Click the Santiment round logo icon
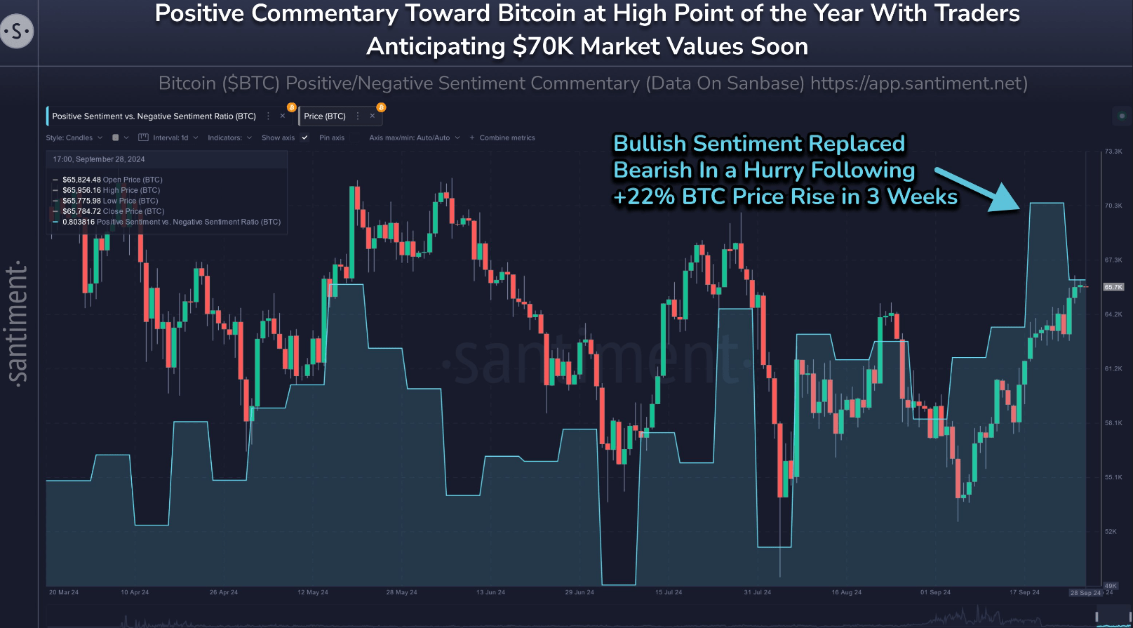coord(17,32)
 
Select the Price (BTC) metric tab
coord(325,116)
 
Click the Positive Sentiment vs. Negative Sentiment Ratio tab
coord(154,116)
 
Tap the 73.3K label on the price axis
coord(1113,152)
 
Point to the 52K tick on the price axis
coord(1111,532)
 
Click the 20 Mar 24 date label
coord(64,593)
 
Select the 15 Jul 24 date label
coord(669,593)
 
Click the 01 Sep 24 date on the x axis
coord(935,593)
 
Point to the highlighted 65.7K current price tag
coord(1113,287)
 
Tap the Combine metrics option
coord(507,138)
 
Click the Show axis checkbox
coord(304,138)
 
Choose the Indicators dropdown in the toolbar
coord(229,138)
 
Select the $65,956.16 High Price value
coord(81,191)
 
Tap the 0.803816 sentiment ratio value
coord(78,222)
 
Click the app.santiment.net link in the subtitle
coord(919,83)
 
